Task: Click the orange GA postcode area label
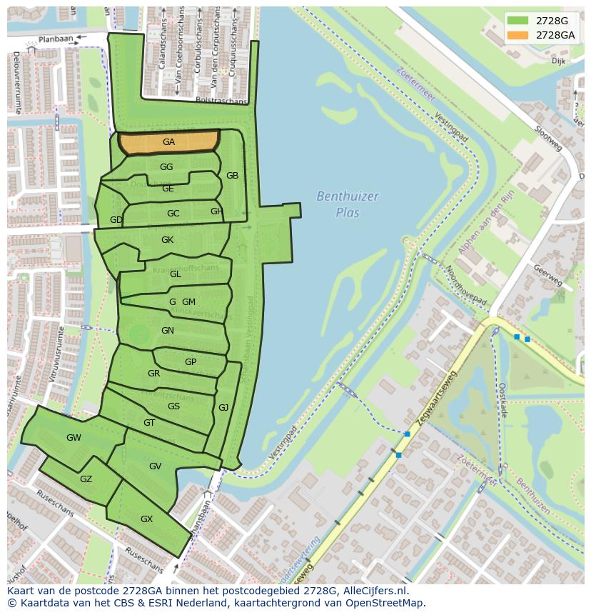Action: pyautogui.click(x=168, y=142)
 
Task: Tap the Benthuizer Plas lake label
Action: pyautogui.click(x=348, y=204)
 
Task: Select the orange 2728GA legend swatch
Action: pyautogui.click(x=519, y=35)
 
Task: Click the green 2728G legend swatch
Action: pyautogui.click(x=519, y=21)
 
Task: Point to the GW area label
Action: pyautogui.click(x=74, y=438)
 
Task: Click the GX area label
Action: pyautogui.click(x=146, y=519)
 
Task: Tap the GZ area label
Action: pyautogui.click(x=86, y=479)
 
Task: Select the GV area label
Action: pyautogui.click(x=155, y=466)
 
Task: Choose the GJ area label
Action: pyautogui.click(x=223, y=408)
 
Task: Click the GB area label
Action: pyautogui.click(x=232, y=176)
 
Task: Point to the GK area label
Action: pyautogui.click(x=167, y=240)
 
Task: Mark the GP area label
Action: pyautogui.click(x=191, y=362)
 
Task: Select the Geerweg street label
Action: pyautogui.click(x=548, y=274)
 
